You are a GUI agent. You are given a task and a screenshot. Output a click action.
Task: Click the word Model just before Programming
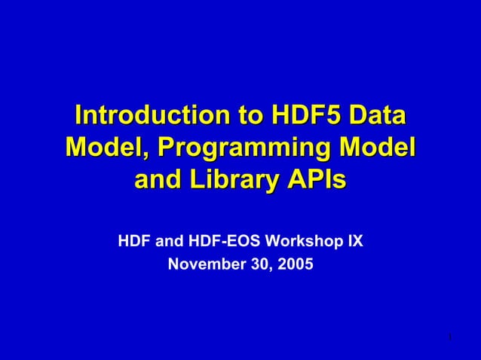click(x=103, y=148)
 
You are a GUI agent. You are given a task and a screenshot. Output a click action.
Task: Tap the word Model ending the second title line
click(x=378, y=148)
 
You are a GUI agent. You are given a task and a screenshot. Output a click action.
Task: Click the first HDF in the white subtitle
click(x=133, y=243)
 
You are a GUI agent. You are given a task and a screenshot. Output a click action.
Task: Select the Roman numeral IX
click(x=355, y=243)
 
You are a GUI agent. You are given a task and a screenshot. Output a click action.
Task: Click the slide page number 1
click(x=449, y=336)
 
